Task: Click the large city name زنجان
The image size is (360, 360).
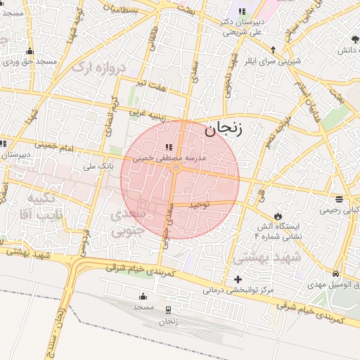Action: tap(224, 129)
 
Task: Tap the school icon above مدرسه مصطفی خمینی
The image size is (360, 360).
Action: tap(168, 147)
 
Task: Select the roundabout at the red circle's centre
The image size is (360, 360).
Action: tap(176, 168)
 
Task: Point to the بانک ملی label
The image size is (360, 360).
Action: tap(98, 167)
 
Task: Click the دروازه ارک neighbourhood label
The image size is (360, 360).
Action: tap(99, 68)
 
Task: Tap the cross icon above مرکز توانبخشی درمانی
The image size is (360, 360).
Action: tap(238, 279)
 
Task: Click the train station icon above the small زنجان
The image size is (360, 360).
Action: tap(167, 310)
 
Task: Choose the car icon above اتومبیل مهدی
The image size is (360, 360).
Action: tap(336, 274)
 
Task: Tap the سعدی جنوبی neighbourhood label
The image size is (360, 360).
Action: tap(128, 221)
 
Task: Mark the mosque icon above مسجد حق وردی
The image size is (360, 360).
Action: tap(30, 51)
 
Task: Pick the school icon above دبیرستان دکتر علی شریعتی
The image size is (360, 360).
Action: tap(243, 12)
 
